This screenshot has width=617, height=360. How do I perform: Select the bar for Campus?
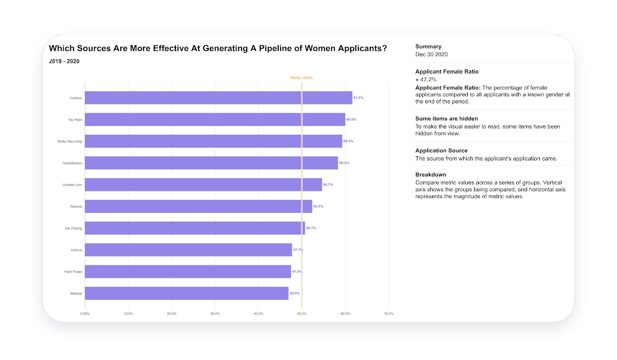[219, 98]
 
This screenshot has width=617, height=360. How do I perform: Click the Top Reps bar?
[215, 119]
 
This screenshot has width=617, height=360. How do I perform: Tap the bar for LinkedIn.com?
[203, 185]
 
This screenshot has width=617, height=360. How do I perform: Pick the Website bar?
[187, 293]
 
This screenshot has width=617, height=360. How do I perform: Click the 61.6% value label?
[358, 98]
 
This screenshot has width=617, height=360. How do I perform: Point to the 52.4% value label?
[318, 206]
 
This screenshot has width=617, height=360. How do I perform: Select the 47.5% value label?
[297, 272]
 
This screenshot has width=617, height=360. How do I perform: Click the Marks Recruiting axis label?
[69, 141]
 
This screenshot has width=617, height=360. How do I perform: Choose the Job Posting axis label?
[73, 228]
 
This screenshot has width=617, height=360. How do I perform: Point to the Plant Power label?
[73, 272]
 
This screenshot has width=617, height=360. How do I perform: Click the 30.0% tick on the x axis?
[215, 314]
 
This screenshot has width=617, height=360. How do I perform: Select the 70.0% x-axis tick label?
[389, 314]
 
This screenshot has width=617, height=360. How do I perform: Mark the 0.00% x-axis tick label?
[85, 314]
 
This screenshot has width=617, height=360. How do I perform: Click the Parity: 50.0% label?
[301, 78]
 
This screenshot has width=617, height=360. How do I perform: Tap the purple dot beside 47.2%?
[417, 80]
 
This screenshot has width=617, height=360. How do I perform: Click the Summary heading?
[428, 47]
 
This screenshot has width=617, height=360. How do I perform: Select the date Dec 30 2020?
[432, 55]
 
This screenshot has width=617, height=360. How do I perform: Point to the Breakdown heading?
[431, 175]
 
